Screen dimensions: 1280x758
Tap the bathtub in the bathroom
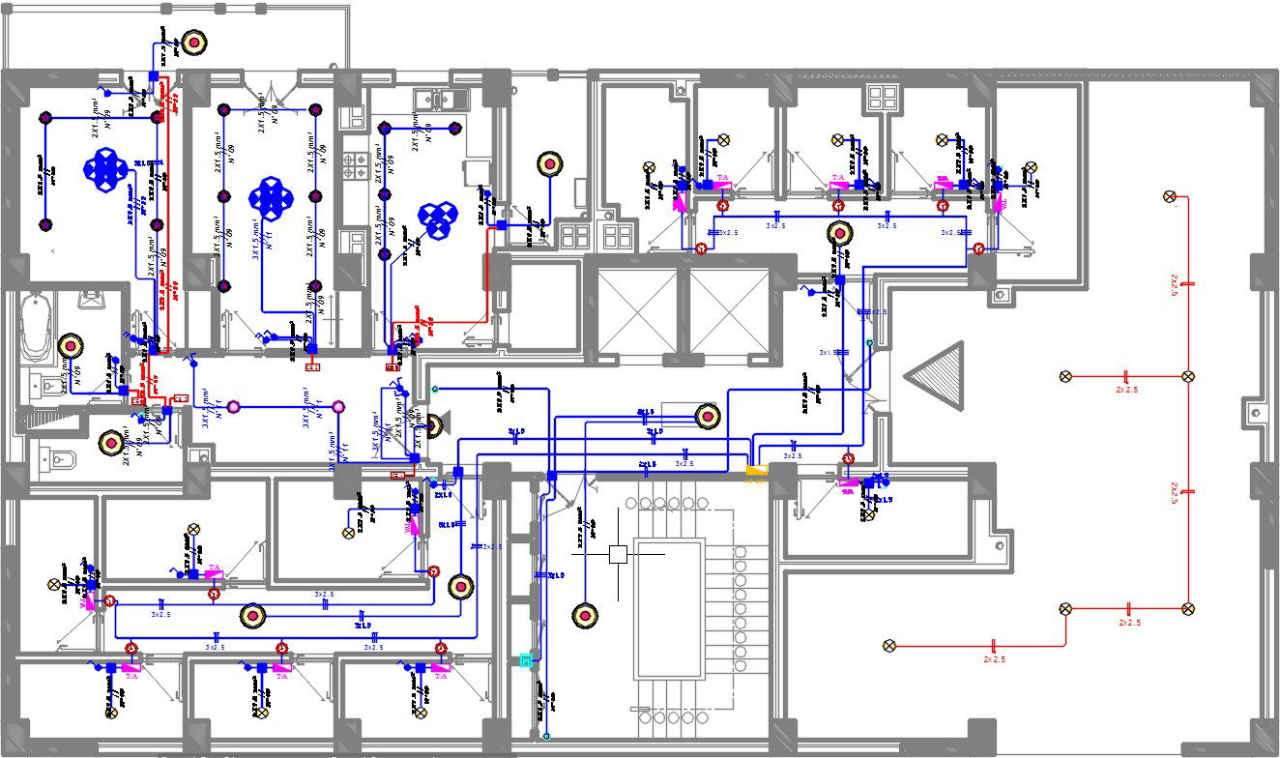(37, 327)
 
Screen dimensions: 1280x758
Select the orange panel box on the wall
(756, 472)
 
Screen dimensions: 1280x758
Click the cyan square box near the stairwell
(526, 660)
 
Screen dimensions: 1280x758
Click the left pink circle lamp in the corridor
(233, 408)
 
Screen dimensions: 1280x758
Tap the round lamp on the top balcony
(195, 42)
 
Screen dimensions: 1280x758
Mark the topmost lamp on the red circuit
(1170, 197)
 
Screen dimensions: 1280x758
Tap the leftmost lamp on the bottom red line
(889, 646)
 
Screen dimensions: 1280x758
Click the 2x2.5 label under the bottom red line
(994, 659)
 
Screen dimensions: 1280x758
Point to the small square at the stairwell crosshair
(619, 554)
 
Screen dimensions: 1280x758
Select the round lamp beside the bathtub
(71, 345)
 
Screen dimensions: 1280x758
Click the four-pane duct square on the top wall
(882, 98)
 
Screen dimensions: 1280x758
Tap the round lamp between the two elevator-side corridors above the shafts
(840, 233)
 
